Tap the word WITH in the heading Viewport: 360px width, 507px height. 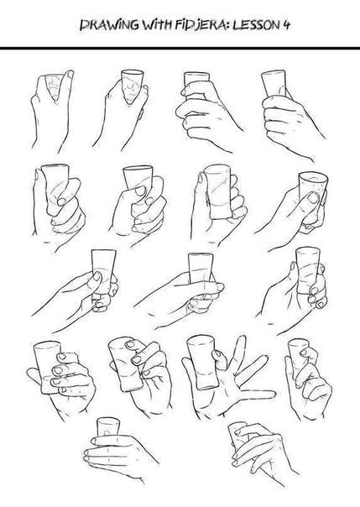[157, 25]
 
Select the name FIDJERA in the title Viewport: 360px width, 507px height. [200, 25]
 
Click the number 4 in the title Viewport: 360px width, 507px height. [287, 25]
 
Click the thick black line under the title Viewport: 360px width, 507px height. [180, 48]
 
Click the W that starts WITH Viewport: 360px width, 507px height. [149, 25]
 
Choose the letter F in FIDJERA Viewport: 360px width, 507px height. [179, 25]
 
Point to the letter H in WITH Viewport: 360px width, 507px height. [167, 25]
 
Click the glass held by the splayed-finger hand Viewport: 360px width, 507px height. [202, 362]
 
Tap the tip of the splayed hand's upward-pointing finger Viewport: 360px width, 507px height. [242, 337]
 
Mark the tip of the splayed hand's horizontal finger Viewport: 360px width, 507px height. [274, 395]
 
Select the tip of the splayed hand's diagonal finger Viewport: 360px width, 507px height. [266, 358]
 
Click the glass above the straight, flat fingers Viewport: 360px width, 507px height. [108, 427]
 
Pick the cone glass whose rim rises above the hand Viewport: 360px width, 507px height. [133, 86]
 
